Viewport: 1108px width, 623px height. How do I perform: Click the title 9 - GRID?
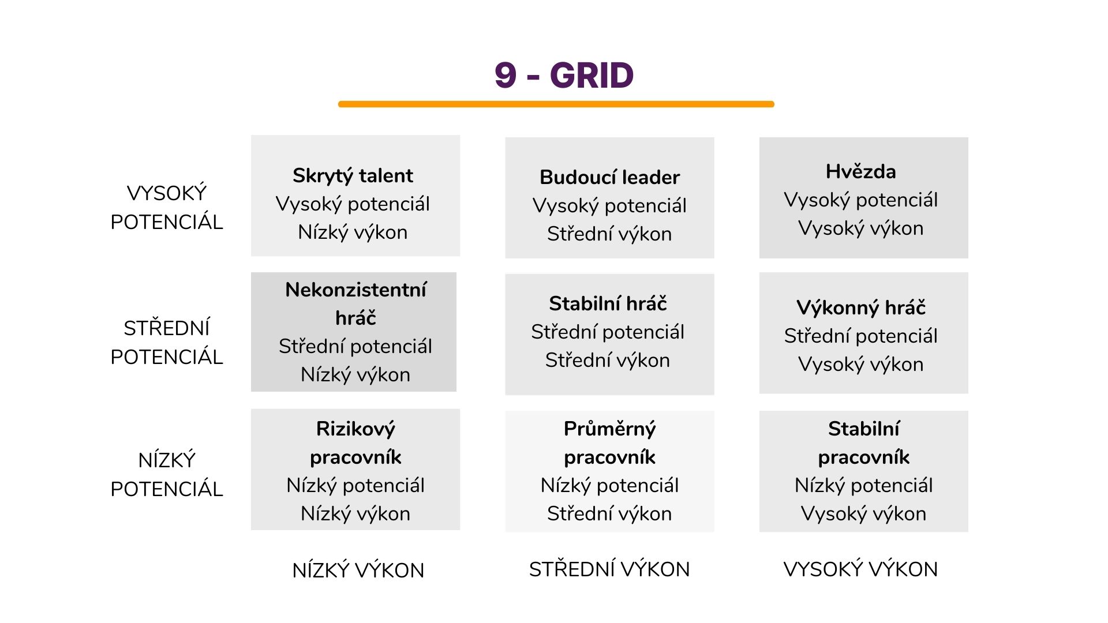(564, 76)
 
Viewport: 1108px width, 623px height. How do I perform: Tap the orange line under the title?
(556, 104)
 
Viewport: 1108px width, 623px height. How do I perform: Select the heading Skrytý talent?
(353, 175)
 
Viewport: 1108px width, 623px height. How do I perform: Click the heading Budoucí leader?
(609, 177)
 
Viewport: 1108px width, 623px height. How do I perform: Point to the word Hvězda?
(860, 171)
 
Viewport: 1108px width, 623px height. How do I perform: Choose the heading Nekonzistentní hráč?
(355, 303)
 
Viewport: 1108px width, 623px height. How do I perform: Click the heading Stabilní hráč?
(608, 303)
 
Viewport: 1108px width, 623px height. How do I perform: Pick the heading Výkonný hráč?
(860, 307)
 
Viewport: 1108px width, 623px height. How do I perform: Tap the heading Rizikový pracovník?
(355, 442)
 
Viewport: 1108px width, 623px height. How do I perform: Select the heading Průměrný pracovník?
(609, 442)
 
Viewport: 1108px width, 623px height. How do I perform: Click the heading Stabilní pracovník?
(863, 442)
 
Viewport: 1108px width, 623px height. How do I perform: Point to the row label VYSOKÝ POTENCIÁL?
(167, 207)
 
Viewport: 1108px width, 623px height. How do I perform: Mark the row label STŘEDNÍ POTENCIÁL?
(167, 342)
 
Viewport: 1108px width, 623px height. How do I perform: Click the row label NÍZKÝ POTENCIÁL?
(167, 474)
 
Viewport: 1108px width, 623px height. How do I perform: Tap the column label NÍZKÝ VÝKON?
(358, 570)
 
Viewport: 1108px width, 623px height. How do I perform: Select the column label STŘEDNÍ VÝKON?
(609, 569)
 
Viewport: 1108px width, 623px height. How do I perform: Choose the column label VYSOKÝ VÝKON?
(860, 569)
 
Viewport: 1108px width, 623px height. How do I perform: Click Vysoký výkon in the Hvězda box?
(860, 228)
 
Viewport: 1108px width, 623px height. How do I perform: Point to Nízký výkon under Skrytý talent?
(353, 232)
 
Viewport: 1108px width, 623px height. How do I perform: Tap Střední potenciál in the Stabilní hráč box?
(608, 332)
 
